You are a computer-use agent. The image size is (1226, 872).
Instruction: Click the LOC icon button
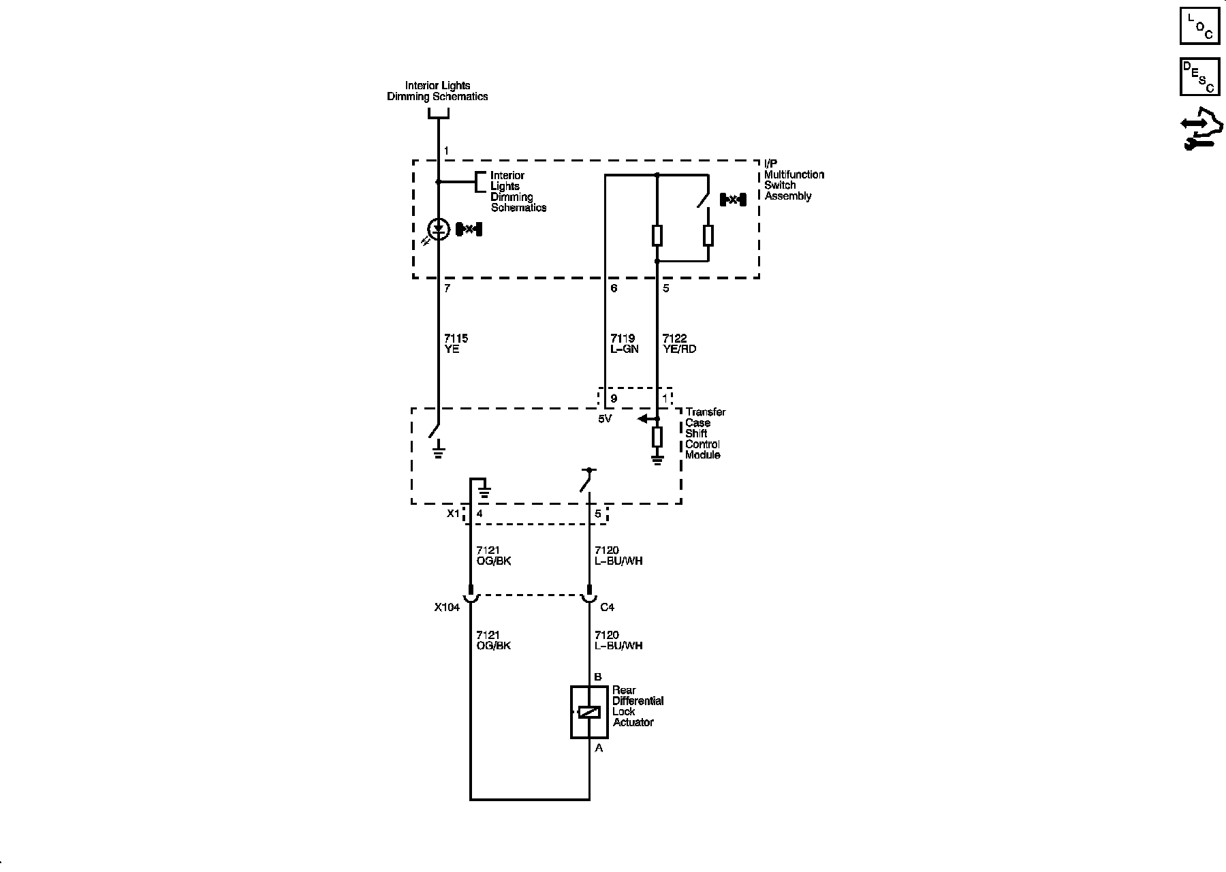point(1199,25)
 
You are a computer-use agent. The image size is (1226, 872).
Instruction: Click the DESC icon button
point(1199,76)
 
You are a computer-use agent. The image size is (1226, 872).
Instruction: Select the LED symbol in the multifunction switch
point(439,229)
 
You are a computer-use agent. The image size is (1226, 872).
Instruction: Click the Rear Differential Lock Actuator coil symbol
point(589,712)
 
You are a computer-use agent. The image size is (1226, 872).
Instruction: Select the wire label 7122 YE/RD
point(679,343)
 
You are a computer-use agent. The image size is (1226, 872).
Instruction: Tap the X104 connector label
point(447,607)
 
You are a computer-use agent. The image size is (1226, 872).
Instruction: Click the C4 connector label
point(607,607)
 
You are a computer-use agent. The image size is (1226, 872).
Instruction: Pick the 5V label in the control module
point(605,419)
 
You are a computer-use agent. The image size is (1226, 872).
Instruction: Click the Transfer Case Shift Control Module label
point(705,433)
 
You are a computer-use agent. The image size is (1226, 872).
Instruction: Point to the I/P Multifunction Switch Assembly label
point(793,180)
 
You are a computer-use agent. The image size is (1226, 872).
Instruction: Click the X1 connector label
point(453,514)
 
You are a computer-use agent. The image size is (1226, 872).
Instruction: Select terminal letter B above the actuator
point(598,677)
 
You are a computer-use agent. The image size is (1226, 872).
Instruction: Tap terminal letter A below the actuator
point(599,748)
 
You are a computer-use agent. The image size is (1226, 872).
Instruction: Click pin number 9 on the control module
point(614,399)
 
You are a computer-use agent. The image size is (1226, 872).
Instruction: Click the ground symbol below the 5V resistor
point(657,460)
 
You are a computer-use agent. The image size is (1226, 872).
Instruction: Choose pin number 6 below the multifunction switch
point(614,288)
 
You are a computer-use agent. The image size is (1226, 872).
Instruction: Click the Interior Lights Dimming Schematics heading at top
point(437,91)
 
